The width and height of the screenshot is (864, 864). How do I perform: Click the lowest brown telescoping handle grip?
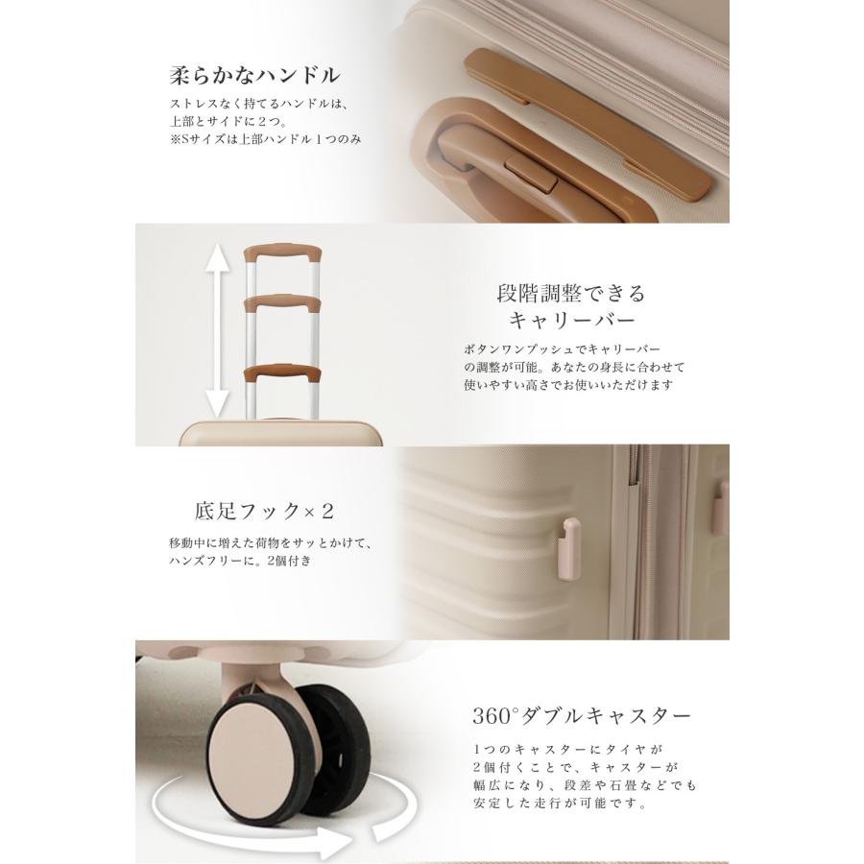280,373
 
